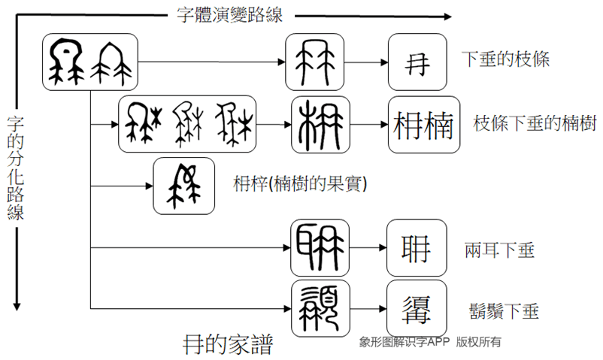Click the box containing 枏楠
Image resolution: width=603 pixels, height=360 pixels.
coord(424,125)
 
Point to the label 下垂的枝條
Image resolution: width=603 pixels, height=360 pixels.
coord(505,59)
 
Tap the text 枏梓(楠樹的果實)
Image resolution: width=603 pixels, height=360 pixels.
coord(300,183)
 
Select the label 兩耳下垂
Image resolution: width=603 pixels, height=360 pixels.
coord(501,250)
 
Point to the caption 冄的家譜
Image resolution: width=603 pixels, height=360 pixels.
coord(228,344)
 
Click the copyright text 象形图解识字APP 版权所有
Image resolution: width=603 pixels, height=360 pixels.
coord(430,342)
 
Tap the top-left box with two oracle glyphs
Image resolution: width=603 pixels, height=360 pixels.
coord(91,62)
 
